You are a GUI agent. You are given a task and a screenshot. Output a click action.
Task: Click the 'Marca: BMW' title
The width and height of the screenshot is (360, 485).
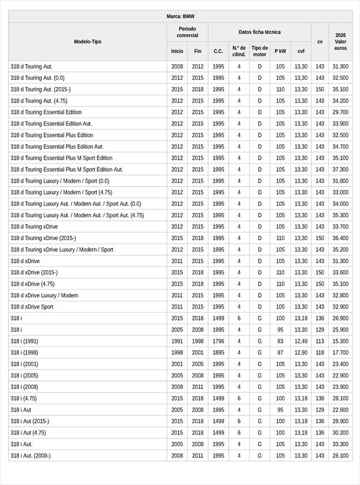click(180, 16)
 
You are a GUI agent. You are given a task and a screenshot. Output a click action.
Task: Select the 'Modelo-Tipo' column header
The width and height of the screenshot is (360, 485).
click(88, 41)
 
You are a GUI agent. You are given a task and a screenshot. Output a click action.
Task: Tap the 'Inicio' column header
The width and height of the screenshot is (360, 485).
click(177, 51)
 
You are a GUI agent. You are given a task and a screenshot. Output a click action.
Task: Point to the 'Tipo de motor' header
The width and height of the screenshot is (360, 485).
click(260, 51)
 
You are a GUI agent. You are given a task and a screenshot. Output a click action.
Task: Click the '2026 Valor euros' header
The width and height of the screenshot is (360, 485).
click(340, 41)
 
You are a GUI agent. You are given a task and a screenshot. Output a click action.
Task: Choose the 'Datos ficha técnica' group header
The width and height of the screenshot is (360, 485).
click(259, 32)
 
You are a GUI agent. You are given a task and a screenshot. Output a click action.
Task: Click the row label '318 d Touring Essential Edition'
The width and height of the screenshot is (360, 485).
click(46, 112)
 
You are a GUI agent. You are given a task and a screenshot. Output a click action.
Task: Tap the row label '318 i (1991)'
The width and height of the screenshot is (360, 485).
click(24, 341)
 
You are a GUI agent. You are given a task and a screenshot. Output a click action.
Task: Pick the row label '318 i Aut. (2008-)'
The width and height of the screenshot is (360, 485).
click(31, 456)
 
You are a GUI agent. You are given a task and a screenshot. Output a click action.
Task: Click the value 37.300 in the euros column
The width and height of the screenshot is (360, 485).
click(340, 169)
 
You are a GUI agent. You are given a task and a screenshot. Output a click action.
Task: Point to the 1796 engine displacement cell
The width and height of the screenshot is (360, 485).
click(218, 341)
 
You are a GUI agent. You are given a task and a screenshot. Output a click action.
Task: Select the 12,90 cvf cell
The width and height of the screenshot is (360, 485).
click(301, 352)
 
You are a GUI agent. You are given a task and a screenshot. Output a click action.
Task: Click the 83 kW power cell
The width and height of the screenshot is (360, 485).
click(280, 341)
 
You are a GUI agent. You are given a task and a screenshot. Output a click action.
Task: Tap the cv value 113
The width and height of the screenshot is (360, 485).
click(320, 341)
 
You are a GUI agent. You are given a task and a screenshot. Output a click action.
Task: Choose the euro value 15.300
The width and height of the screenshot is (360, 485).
click(340, 341)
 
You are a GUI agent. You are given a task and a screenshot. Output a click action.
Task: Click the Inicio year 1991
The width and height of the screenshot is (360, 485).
click(177, 341)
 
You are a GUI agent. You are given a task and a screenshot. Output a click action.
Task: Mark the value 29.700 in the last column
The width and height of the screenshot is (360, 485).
click(340, 112)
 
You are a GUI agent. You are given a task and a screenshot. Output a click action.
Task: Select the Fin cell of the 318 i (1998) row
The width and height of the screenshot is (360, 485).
click(197, 352)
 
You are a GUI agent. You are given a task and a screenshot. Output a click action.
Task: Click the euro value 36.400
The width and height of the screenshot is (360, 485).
click(340, 238)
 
